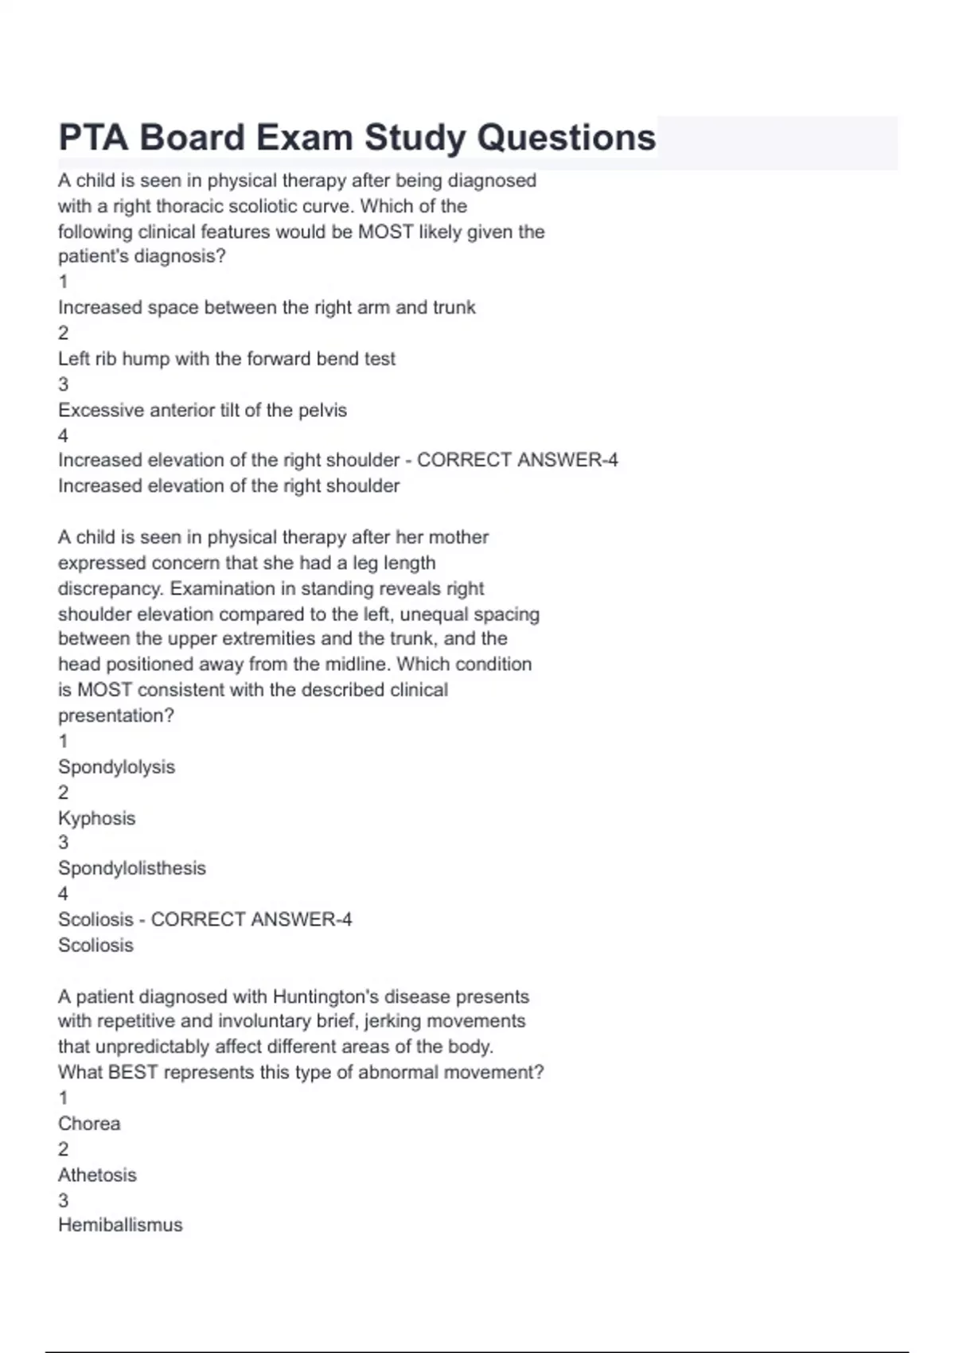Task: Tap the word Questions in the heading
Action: pyautogui.click(x=566, y=137)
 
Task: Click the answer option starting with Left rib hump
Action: pyautogui.click(x=226, y=359)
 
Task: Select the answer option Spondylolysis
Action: pyautogui.click(x=116, y=767)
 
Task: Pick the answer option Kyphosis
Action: pyautogui.click(x=96, y=818)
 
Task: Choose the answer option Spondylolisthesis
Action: pyautogui.click(x=131, y=868)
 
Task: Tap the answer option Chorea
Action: pyautogui.click(x=89, y=1124)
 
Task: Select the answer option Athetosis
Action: pyautogui.click(x=97, y=1175)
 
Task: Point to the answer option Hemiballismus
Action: pyautogui.click(x=120, y=1225)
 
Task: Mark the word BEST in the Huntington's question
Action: pyautogui.click(x=133, y=1072)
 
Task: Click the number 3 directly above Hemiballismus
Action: pyautogui.click(x=64, y=1200)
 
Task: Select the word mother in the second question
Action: pyautogui.click(x=459, y=537)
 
